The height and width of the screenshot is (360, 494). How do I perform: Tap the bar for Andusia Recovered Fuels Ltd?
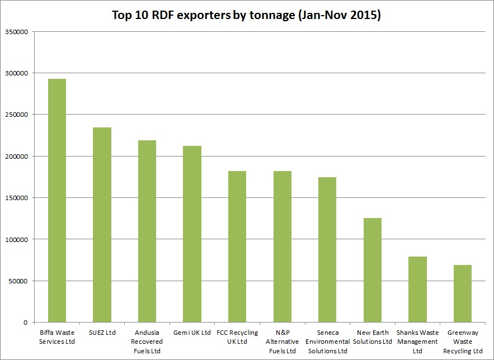147,231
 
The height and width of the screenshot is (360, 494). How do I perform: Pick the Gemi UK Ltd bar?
192,234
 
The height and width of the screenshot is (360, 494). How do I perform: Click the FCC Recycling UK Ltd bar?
237,247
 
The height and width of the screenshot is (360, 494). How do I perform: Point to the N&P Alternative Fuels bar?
282,247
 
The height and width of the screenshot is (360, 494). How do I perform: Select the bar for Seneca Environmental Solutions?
327,249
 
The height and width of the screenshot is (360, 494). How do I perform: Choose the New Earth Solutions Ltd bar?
373,270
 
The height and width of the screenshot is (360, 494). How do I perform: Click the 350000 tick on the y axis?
16,32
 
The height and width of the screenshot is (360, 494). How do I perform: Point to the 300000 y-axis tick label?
16,73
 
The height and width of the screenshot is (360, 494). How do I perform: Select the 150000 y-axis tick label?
16,198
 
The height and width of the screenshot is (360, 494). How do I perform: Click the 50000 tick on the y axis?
18,281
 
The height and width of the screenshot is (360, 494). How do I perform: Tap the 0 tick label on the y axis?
25,323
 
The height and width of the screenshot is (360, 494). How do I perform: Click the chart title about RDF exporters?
246,15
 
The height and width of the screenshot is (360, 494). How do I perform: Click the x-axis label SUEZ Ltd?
102,333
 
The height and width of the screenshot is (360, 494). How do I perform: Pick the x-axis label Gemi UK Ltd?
192,333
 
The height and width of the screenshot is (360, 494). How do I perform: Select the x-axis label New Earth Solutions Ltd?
373,337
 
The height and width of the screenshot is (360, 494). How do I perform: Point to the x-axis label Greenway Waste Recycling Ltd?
463,342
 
